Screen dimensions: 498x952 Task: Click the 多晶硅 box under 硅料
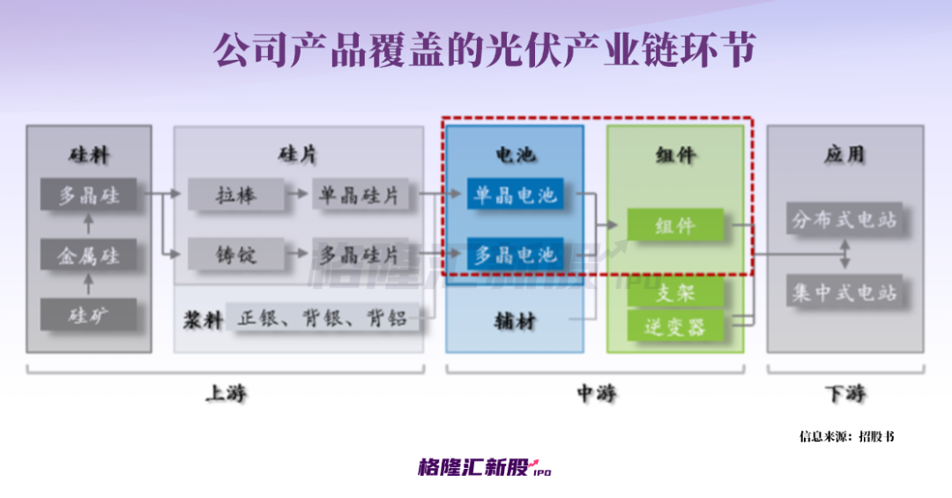89,195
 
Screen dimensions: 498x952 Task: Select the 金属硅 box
89,256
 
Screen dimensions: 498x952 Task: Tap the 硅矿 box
89,315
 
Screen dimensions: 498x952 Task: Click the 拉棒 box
236,195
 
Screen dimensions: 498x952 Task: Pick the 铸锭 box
236,255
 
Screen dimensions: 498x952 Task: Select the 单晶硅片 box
360,195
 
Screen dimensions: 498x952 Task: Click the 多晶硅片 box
360,255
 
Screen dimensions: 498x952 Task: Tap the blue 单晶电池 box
516,195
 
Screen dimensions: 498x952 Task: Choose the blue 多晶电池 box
516,255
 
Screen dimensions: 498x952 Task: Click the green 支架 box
675,293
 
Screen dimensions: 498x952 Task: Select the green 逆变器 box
675,326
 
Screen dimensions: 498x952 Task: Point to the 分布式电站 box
844,219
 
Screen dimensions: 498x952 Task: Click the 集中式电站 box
844,292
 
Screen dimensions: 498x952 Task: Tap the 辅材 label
515,322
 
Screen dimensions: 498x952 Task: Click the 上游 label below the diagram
226,394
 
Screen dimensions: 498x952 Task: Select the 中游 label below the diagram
596,394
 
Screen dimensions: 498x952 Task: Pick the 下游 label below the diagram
844,394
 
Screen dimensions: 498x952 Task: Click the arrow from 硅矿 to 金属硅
88,285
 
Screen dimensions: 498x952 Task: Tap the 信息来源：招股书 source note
846,436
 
